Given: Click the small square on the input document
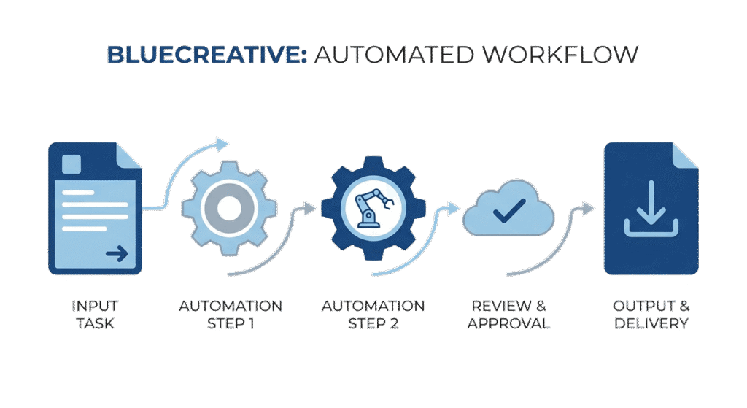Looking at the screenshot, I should (71, 164).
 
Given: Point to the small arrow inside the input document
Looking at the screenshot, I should (116, 254).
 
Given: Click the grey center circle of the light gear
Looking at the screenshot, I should (229, 208).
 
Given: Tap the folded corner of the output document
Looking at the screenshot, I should (684, 155).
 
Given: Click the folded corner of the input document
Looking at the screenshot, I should (128, 155).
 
